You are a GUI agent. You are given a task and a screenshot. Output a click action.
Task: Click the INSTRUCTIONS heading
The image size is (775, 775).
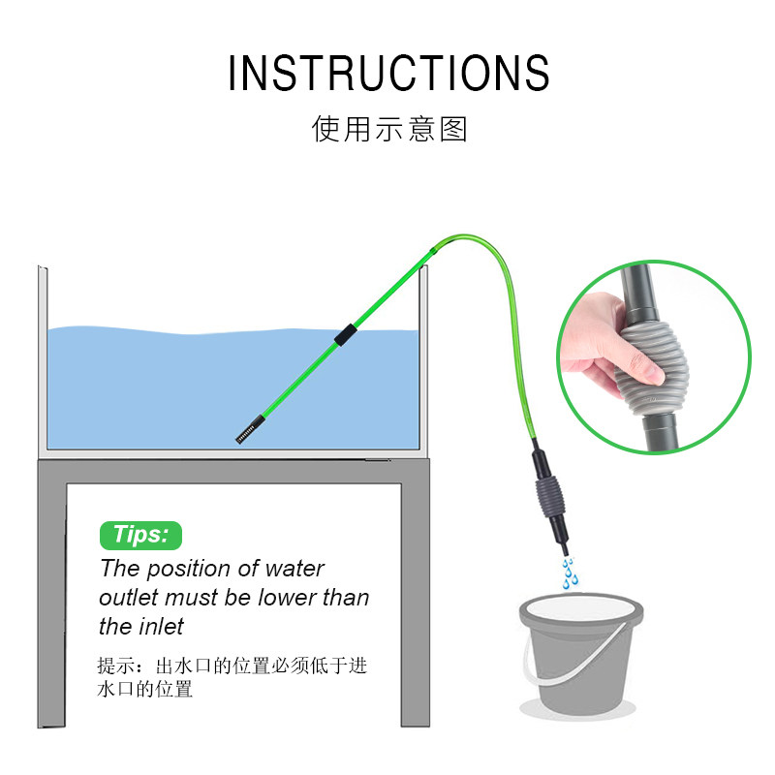point(388,74)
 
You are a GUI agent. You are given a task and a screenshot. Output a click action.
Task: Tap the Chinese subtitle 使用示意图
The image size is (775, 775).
point(389,129)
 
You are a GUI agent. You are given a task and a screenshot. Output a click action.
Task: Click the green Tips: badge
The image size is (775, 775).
point(140,535)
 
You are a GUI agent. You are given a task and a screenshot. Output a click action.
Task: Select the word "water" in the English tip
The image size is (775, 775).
point(293,569)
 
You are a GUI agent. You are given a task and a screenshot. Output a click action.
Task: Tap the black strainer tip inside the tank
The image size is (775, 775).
point(250,428)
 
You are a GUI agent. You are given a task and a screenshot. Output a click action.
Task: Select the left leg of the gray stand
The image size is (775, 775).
point(51,601)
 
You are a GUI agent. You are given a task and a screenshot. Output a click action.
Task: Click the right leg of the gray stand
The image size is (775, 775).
point(416,601)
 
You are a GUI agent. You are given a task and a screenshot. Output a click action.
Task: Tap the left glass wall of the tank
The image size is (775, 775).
point(41,358)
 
